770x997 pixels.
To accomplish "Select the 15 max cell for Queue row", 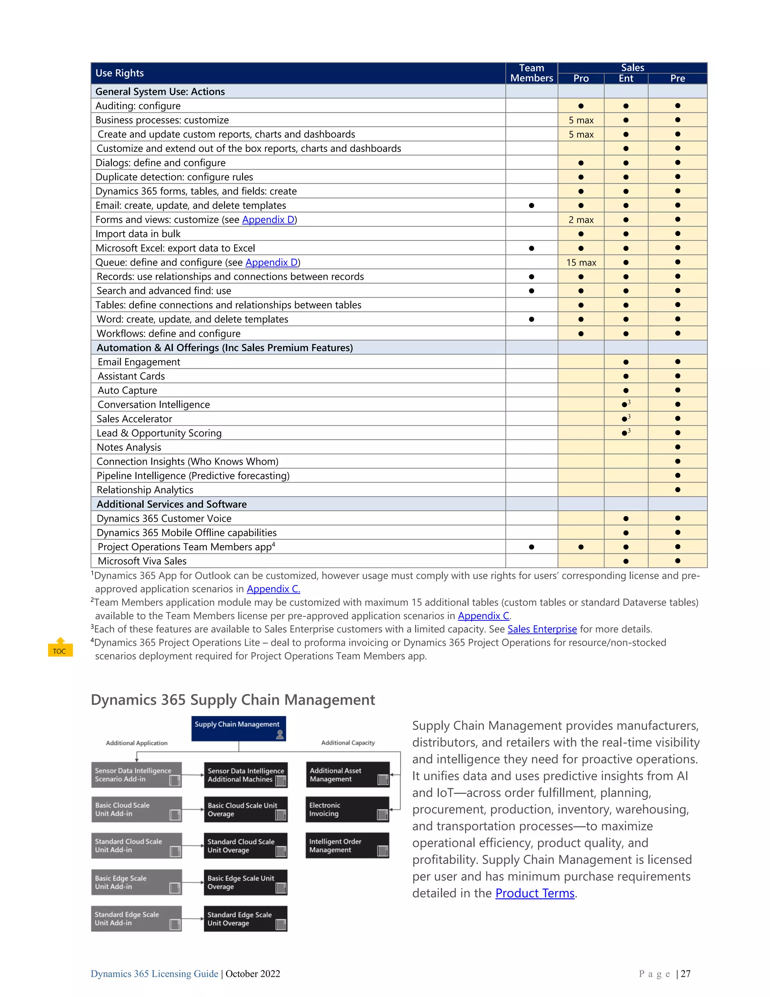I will point(581,263).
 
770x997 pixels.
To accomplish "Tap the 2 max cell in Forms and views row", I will point(581,220).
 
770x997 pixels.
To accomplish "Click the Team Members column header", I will point(531,73).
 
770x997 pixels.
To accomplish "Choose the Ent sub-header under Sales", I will point(626,79).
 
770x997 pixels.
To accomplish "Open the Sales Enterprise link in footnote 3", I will point(542,629).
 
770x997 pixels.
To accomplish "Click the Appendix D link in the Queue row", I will point(271,263).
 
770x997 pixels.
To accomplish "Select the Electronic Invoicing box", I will point(347,809).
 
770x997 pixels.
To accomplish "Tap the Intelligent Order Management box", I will point(347,845).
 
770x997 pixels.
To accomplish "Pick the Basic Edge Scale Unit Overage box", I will point(246,882).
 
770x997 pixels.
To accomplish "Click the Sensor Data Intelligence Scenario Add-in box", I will point(136,775).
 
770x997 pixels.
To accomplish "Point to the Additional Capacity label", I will point(348,743).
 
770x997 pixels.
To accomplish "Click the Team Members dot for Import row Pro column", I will point(581,234).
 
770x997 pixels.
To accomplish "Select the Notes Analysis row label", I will point(129,447).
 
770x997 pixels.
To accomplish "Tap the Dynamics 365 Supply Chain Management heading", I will point(233,700).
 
